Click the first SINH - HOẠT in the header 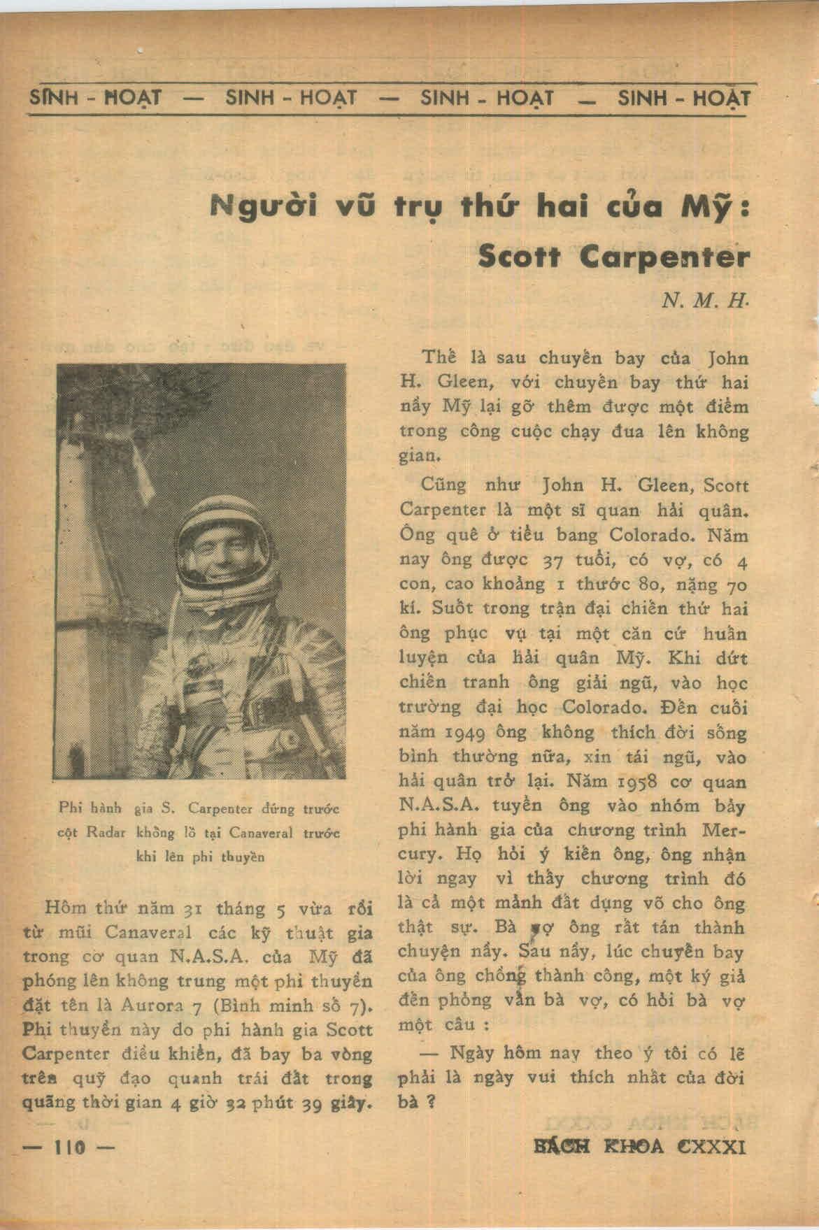[95, 98]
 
